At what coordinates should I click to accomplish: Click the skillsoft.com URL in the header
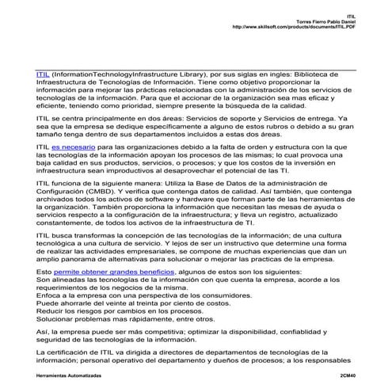tap(291, 27)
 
